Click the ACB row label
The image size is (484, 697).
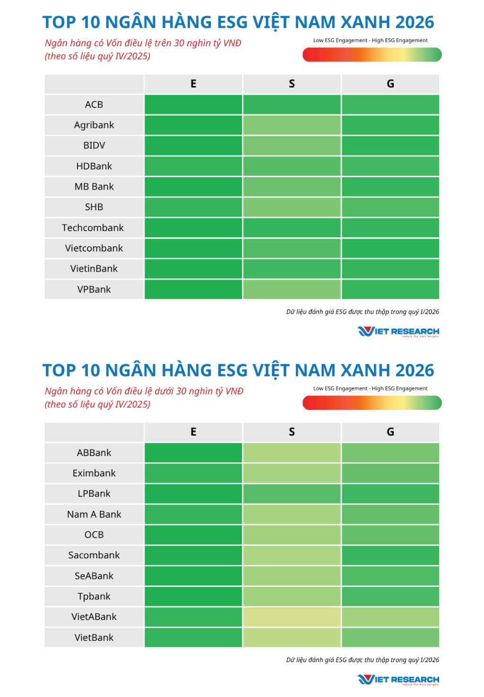click(94, 104)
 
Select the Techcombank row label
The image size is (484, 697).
click(93, 228)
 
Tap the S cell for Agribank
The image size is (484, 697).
click(292, 125)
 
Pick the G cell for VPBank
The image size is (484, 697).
click(390, 289)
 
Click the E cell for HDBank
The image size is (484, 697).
click(193, 166)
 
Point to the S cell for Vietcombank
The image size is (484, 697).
click(292, 248)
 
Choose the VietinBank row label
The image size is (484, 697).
click(94, 269)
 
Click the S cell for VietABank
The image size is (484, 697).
click(292, 617)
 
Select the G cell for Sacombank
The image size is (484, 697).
click(390, 555)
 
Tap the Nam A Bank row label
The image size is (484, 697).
click(94, 514)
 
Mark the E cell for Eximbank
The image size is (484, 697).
click(193, 473)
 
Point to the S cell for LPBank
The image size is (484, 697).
click(292, 494)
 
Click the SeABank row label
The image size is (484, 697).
click(94, 576)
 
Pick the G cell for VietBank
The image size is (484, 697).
click(390, 637)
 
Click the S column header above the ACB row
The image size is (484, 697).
click(292, 84)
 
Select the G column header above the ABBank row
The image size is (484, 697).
click(390, 432)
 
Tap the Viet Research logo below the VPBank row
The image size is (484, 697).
click(398, 331)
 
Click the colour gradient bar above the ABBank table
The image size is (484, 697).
click(372, 403)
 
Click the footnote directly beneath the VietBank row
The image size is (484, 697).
click(363, 660)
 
